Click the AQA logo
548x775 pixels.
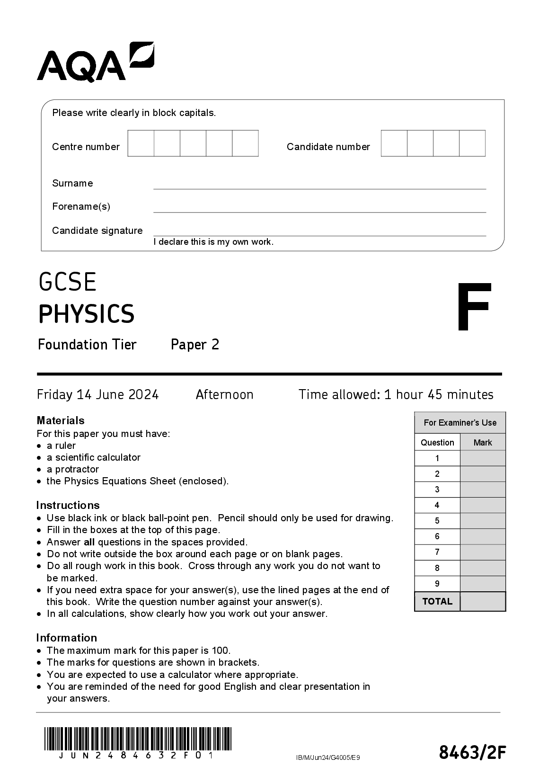[95, 62]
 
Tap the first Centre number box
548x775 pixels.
[141, 143]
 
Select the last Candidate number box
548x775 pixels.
[472, 143]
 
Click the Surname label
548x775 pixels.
[72, 183]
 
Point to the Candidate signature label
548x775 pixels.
[97, 231]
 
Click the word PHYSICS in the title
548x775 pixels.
[87, 314]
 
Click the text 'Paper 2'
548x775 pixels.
[195, 345]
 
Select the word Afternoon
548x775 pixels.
[224, 394]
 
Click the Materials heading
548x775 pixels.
[61, 420]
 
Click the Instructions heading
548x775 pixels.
[68, 505]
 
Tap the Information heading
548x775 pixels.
[66, 638]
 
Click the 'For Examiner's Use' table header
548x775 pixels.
[460, 423]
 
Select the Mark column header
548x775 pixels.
[483, 443]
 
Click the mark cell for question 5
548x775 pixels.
[483, 521]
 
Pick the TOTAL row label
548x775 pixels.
[437, 601]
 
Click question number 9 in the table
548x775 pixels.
[437, 584]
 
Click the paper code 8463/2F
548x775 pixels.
[472, 752]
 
